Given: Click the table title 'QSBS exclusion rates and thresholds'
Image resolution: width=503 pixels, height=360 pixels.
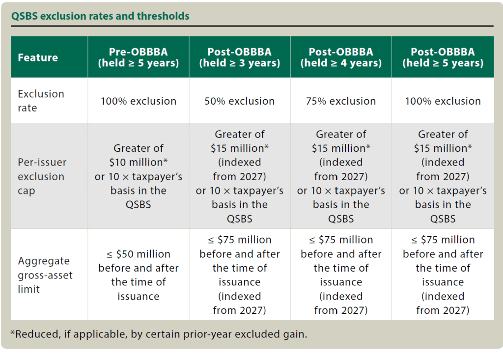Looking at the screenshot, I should [100, 16].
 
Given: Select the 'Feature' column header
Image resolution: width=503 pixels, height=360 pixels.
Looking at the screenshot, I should [38, 57].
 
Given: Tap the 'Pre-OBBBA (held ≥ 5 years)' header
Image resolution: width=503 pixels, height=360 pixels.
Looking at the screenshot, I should [138, 57].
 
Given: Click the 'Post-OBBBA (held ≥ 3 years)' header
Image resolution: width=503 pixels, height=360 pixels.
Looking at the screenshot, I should [240, 57].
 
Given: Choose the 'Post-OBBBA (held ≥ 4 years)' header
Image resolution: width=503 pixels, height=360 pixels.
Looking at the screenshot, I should [341, 57].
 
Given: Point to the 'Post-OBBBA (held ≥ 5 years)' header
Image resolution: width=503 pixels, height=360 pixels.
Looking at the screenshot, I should [443, 57].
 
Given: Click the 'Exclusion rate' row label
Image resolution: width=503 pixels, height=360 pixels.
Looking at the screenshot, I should [41, 101].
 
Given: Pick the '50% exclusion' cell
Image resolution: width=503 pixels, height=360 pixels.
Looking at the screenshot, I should [240, 101].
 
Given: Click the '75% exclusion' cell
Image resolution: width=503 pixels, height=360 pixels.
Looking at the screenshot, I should [341, 101].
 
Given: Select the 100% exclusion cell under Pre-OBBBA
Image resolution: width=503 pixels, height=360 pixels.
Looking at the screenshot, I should [138, 101].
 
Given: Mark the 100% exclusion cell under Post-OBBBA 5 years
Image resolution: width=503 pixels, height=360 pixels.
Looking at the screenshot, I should [443, 101].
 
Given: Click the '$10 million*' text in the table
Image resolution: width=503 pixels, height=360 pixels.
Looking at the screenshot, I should [138, 163].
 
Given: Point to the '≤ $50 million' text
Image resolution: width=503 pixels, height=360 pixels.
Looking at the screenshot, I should [138, 254].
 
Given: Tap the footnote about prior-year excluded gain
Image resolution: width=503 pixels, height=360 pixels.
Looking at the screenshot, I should [158, 334].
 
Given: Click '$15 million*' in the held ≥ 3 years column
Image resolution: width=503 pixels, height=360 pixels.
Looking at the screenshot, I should [240, 148].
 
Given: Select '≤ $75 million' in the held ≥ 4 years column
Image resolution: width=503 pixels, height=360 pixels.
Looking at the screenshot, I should [341, 240].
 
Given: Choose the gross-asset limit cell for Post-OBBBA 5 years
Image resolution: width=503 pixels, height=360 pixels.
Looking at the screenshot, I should [443, 275].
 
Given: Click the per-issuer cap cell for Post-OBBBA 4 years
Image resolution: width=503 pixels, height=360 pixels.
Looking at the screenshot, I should [341, 176].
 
